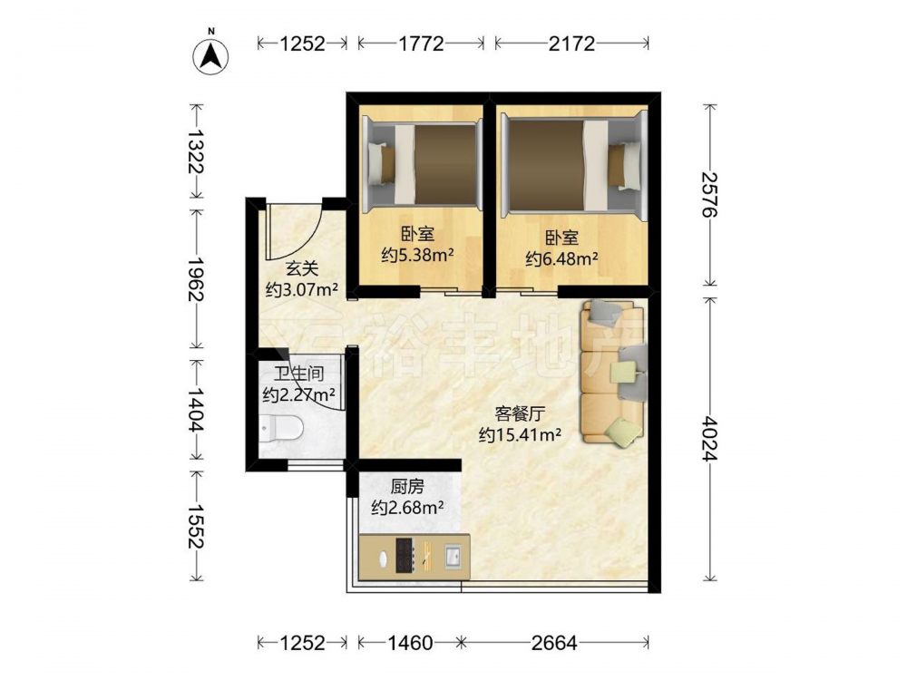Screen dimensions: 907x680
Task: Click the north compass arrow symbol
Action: (210, 55)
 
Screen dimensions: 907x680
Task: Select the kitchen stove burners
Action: (404, 555)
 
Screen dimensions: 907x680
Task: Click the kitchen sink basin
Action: (453, 556)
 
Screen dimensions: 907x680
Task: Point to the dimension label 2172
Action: (571, 44)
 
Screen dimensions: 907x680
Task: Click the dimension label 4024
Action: (709, 440)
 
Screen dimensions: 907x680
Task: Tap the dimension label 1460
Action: (410, 643)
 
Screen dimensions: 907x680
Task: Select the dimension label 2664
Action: (554, 643)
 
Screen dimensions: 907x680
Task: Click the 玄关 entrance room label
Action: (301, 268)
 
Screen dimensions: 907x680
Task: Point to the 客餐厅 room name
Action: (520, 413)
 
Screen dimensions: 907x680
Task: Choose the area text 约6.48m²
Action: (561, 258)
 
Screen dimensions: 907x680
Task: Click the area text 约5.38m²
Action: (416, 255)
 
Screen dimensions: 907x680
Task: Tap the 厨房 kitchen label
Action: (407, 486)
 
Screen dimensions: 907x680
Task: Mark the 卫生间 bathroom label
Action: (298, 374)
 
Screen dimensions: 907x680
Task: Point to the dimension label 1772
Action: (421, 44)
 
